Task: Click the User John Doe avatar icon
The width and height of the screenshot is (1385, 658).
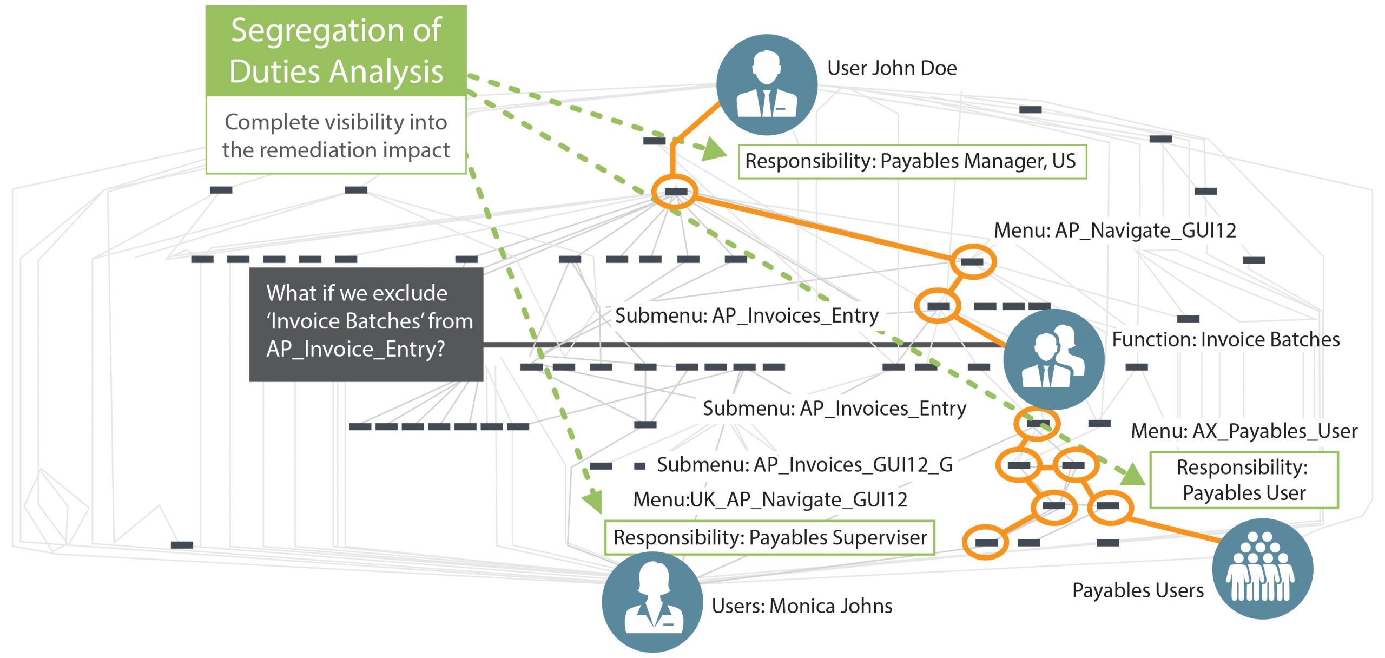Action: [x=767, y=85]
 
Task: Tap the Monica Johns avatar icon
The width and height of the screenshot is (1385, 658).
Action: [x=652, y=602]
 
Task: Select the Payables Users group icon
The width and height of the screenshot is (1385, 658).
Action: [x=1262, y=569]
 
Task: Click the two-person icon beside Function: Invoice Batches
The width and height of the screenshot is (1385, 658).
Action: [x=1053, y=359]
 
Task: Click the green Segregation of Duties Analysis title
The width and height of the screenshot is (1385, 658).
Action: [x=336, y=51]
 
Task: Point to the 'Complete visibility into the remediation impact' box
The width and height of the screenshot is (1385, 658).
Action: [x=336, y=136]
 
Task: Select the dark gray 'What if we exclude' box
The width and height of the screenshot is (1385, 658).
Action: [x=366, y=324]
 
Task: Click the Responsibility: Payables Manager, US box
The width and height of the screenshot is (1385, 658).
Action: [x=912, y=161]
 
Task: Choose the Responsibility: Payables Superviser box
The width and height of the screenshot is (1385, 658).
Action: [x=769, y=537]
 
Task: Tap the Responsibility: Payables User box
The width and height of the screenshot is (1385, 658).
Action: [x=1244, y=480]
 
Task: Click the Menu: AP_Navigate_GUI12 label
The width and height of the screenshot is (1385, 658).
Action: [x=1114, y=231]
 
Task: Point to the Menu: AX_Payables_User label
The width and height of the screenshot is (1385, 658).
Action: [x=1244, y=431]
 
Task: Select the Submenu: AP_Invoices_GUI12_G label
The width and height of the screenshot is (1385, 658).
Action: [x=804, y=465]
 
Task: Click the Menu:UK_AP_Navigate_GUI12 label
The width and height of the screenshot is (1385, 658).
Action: [x=770, y=499]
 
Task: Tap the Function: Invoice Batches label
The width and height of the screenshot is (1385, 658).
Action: [x=1225, y=340]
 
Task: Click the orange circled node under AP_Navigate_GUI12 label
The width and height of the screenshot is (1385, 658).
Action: [x=973, y=262]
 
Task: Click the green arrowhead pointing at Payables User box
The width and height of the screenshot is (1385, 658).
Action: [x=1132, y=475]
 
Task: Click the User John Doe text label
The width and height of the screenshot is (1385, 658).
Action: [x=892, y=68]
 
